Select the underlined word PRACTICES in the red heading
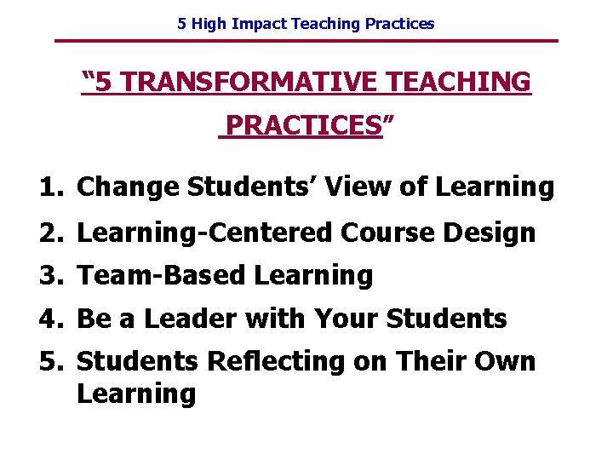point(302,126)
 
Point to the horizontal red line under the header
point(306,41)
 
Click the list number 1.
point(48,187)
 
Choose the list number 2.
point(48,232)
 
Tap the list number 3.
point(48,275)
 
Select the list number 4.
point(48,319)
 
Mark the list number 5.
point(48,361)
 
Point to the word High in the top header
point(207,24)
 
